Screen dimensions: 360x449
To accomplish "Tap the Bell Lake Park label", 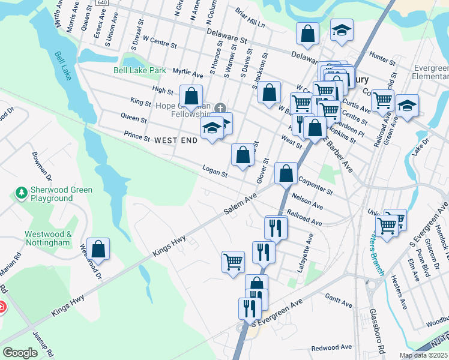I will pyautogui.click(x=140, y=70).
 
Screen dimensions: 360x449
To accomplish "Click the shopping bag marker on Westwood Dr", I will pyautogui.click(x=98, y=248).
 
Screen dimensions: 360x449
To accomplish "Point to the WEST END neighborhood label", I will pyautogui.click(x=176, y=140).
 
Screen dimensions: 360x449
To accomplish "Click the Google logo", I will pyautogui.click(x=20, y=353).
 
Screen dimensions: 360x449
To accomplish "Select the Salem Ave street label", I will pyautogui.click(x=240, y=204).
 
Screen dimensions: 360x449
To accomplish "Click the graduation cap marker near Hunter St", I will pyautogui.click(x=342, y=30).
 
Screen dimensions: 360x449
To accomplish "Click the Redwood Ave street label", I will pyautogui.click(x=331, y=347).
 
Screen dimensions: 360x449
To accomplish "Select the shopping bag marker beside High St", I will pyautogui.click(x=191, y=96).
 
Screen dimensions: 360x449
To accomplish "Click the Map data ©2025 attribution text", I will pyautogui.click(x=423, y=355).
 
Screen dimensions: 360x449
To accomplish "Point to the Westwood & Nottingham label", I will pyautogui.click(x=48, y=238).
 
